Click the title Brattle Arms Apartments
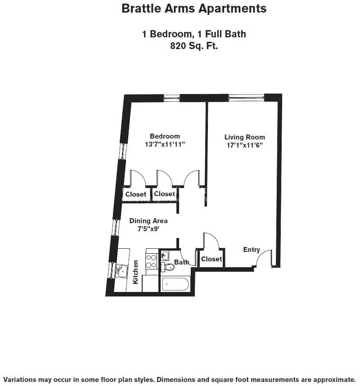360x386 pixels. tap(194, 9)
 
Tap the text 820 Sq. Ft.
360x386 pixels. tap(194, 45)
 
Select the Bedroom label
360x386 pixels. tap(165, 136)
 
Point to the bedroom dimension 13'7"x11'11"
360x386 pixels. tap(165, 144)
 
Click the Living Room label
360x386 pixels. tap(245, 137)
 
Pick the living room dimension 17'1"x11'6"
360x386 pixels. tap(245, 145)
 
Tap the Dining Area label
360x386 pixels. tap(148, 221)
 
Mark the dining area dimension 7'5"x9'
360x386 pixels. tap(148, 229)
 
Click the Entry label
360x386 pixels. tap(252, 250)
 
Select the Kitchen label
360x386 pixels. tap(135, 272)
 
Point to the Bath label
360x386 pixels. tap(182, 262)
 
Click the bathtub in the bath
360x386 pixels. tap(175, 284)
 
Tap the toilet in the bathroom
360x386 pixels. tap(169, 267)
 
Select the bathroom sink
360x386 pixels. tap(165, 256)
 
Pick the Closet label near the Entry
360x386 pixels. tap(211, 259)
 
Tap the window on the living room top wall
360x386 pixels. tap(245, 97)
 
